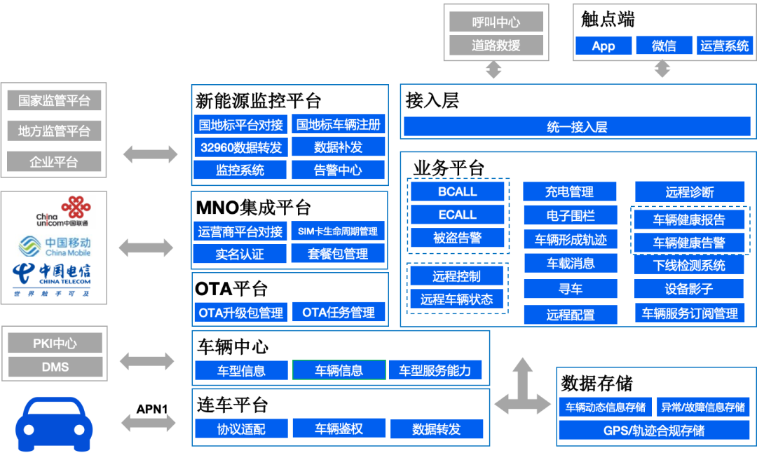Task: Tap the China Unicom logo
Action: [63, 212]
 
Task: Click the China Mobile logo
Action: [55, 246]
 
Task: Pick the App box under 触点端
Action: [603, 46]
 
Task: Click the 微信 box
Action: [664, 46]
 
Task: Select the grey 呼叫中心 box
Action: [496, 22]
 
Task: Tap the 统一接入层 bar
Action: [577, 126]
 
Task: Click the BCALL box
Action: [457, 191]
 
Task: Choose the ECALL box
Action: [457, 215]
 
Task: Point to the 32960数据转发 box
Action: [241, 147]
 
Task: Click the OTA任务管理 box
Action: [339, 313]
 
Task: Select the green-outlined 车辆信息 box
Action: [339, 370]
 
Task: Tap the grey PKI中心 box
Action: [55, 343]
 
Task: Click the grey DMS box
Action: [55, 367]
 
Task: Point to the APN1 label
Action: [151, 409]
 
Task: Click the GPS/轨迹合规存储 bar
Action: [654, 431]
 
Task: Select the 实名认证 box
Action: [240, 254]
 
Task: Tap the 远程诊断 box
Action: [690, 191]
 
